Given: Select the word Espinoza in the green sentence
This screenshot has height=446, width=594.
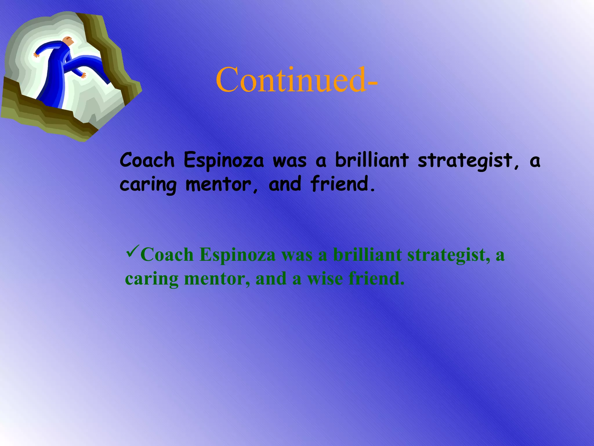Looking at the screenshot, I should (x=238, y=255).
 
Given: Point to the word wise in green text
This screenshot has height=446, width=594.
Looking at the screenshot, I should (x=325, y=278).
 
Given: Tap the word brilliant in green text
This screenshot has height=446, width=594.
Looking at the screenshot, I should (x=367, y=255).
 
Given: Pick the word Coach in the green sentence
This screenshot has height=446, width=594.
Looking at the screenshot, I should (x=167, y=255).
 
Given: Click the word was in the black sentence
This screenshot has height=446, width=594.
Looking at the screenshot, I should (x=289, y=161).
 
